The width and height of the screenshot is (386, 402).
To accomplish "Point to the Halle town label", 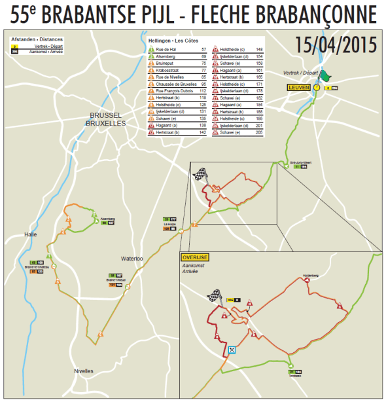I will tap(30, 234).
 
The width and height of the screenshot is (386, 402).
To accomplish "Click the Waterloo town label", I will tap(132, 259).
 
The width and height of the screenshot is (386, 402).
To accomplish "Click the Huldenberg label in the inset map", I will tap(310, 276).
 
